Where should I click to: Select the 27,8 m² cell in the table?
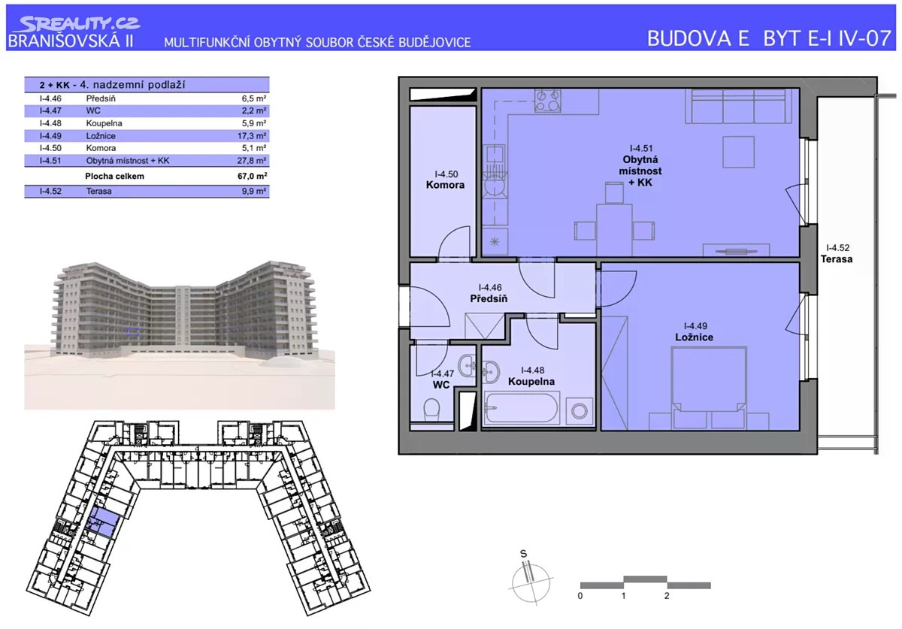(252, 161)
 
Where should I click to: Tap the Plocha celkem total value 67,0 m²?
(252, 176)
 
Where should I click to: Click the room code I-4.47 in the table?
(50, 110)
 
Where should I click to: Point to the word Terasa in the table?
(98, 192)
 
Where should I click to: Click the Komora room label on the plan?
(445, 185)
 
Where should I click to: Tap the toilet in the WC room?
(431, 409)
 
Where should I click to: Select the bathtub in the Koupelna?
(522, 408)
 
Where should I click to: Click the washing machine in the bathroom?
(579, 411)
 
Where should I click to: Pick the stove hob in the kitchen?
(547, 101)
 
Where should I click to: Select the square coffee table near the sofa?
(738, 152)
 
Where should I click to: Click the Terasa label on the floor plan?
(837, 259)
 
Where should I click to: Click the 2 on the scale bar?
(667, 596)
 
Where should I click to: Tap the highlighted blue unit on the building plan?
(103, 522)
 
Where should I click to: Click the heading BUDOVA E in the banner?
(698, 38)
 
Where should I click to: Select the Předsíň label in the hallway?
(489, 299)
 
